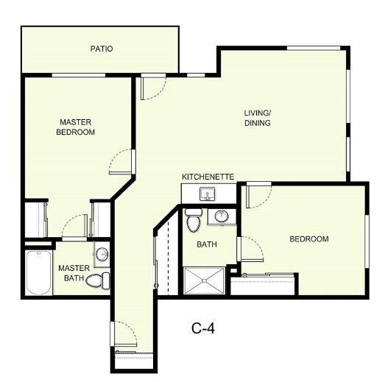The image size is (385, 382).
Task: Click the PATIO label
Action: [102, 49]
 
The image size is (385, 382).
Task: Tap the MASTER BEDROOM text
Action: [77, 127]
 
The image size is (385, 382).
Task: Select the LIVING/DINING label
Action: [258, 118]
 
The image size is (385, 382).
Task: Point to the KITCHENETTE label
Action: [208, 177]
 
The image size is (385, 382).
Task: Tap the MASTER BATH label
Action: [74, 272]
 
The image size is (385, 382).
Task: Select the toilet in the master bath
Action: [96, 280]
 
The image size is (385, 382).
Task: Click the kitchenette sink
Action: [208, 195]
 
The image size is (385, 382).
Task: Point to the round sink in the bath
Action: [220, 216]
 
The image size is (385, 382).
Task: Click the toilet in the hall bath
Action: [193, 219]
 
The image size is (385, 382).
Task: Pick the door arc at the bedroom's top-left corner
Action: [260, 194]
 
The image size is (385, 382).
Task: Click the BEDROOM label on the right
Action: [308, 239]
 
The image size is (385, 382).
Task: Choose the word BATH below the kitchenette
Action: [205, 244]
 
